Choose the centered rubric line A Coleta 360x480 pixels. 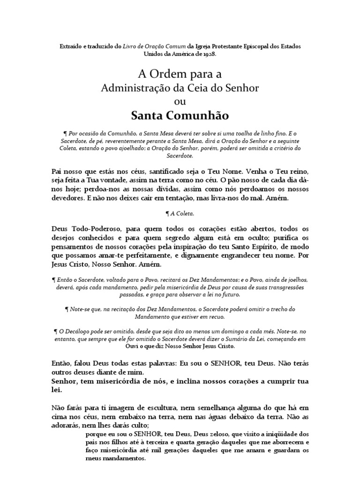pyautogui.click(x=180, y=213)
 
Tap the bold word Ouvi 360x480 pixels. pyautogui.click(x=135, y=346)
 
